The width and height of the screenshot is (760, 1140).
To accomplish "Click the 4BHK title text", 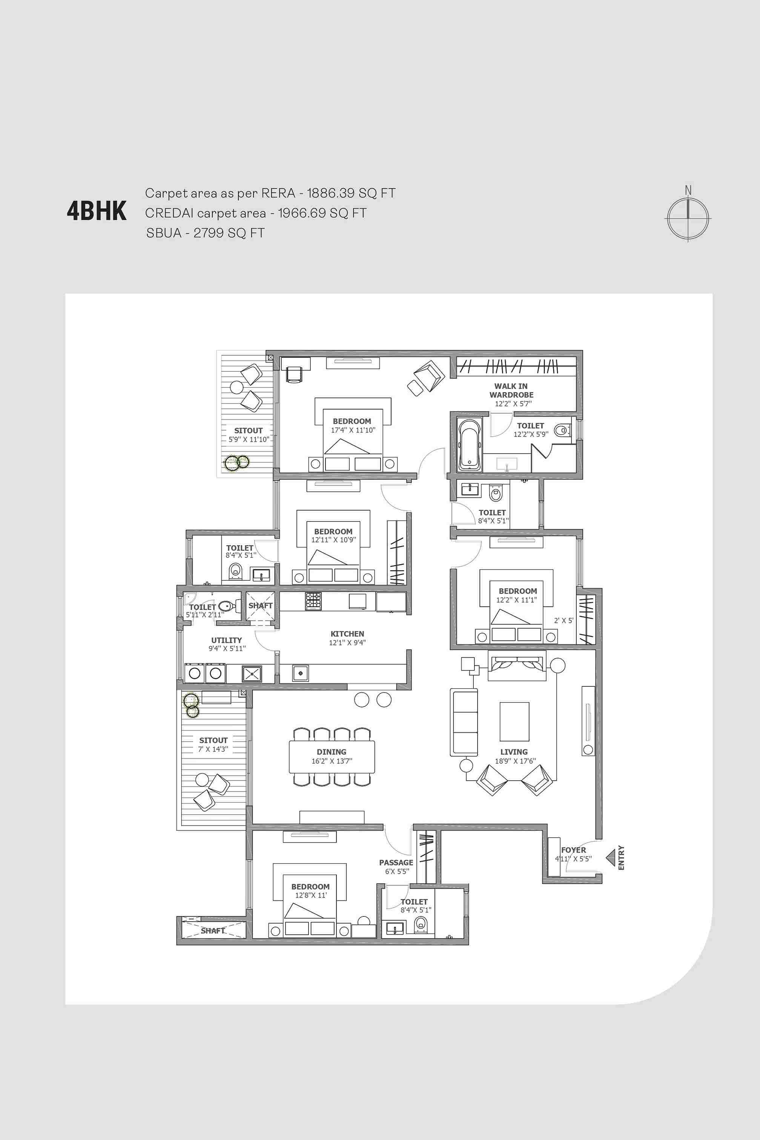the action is pos(97,211).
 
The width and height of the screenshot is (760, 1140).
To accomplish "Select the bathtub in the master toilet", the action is pos(469,445).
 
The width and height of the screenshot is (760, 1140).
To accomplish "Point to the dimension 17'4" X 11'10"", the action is pos(353,430).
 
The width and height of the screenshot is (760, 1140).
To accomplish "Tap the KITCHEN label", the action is pos(347,634).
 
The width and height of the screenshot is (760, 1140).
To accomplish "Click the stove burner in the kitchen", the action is pos(313,601).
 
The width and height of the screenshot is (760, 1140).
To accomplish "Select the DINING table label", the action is pos(332,752).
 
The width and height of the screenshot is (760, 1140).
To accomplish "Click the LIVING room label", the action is pos(514,752).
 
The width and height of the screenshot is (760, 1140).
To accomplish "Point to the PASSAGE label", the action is pos(396,862).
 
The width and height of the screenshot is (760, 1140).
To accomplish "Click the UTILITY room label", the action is pos(226,640).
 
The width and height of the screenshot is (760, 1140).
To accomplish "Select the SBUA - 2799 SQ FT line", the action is pos(206,233).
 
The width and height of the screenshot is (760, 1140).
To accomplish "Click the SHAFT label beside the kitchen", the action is pos(260,606).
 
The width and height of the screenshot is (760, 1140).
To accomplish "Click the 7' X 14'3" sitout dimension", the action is pos(213,749).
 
